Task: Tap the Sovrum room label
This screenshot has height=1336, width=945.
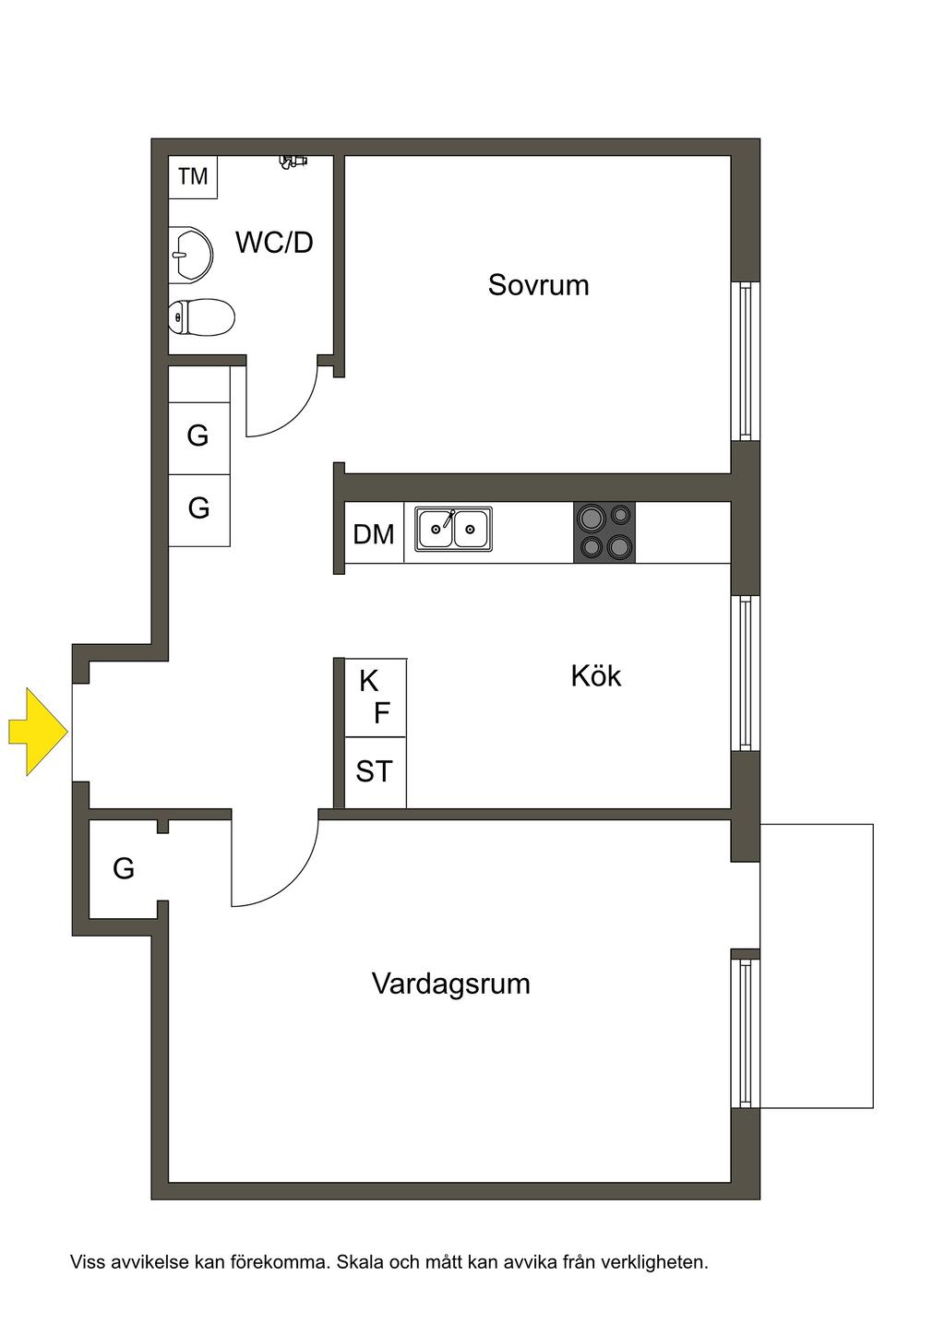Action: (538, 284)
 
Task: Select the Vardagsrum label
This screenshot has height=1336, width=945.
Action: (450, 983)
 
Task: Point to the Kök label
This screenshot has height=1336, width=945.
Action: (595, 675)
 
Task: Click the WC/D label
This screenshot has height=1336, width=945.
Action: (274, 243)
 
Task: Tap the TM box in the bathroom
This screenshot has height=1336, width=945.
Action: (193, 176)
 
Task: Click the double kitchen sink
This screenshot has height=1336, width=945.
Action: (453, 530)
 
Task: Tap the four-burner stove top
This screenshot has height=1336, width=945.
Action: (604, 532)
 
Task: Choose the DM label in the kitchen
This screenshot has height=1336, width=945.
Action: (374, 534)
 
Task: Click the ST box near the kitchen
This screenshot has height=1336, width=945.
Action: (375, 771)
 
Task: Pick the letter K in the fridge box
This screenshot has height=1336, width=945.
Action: (368, 681)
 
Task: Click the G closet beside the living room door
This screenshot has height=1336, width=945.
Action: (124, 868)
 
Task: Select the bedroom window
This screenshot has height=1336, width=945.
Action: (745, 361)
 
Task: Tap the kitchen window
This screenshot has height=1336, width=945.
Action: (745, 673)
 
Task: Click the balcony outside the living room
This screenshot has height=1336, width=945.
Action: (816, 965)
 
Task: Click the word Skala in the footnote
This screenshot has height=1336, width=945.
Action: (365, 1261)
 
